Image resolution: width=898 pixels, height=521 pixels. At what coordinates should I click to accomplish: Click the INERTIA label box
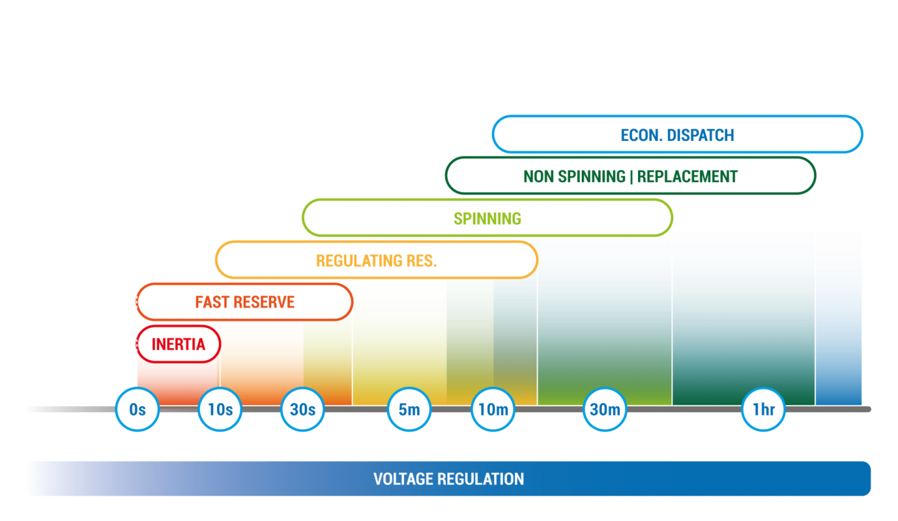tap(178, 344)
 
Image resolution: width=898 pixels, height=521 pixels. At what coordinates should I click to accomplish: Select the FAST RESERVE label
tap(244, 302)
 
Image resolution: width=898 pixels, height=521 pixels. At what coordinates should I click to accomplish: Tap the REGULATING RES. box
tap(376, 260)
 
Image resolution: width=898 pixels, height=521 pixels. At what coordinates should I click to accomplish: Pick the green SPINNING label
tap(487, 218)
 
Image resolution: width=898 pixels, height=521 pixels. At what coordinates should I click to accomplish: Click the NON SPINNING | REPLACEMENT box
tap(630, 177)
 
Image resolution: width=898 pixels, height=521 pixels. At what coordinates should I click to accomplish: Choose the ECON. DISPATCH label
tap(677, 135)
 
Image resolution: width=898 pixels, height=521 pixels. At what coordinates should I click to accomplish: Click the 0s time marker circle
tap(137, 409)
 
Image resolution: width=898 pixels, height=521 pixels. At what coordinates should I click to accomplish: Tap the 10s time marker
tap(220, 409)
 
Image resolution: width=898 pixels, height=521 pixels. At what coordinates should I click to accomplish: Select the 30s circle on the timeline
tap(302, 409)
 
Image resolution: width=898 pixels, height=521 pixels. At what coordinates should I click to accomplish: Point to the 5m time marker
tap(409, 409)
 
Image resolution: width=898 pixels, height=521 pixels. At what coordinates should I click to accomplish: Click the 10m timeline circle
tap(493, 409)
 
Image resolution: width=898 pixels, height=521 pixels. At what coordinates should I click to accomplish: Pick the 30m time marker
tap(605, 409)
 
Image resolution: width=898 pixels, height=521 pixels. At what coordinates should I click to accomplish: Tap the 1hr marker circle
tap(763, 409)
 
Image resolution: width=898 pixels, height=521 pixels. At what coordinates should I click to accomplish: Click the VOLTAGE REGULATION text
tap(448, 479)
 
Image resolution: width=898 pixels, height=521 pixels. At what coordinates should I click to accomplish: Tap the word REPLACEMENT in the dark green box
tap(687, 177)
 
